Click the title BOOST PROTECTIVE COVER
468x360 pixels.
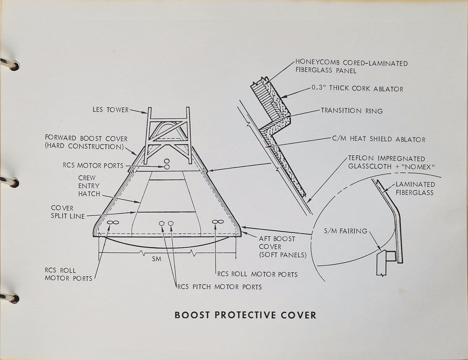pyautogui.click(x=245, y=315)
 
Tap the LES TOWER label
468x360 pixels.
pyautogui.click(x=111, y=110)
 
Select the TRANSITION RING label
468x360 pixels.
pyautogui.click(x=352, y=111)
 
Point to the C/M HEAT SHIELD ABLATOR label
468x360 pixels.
pyautogui.click(x=379, y=139)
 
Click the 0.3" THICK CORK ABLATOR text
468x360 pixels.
pyautogui.click(x=357, y=89)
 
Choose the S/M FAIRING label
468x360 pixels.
pyautogui.click(x=346, y=231)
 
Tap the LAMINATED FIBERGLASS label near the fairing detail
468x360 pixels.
pyautogui.click(x=415, y=189)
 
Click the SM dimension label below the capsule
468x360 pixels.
pyautogui.click(x=156, y=259)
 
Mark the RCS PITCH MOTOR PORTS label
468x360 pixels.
pyautogui.click(x=220, y=287)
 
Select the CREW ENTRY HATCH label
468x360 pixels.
pyautogui.click(x=89, y=186)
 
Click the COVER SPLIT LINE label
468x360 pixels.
pyautogui.click(x=68, y=212)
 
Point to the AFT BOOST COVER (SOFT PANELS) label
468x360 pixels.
pyautogui.click(x=282, y=247)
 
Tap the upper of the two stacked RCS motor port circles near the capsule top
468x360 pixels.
pyautogui.click(x=167, y=161)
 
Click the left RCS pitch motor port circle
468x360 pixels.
pyautogui.click(x=162, y=223)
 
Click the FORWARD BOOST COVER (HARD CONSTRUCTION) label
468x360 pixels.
pyautogui.click(x=86, y=142)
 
